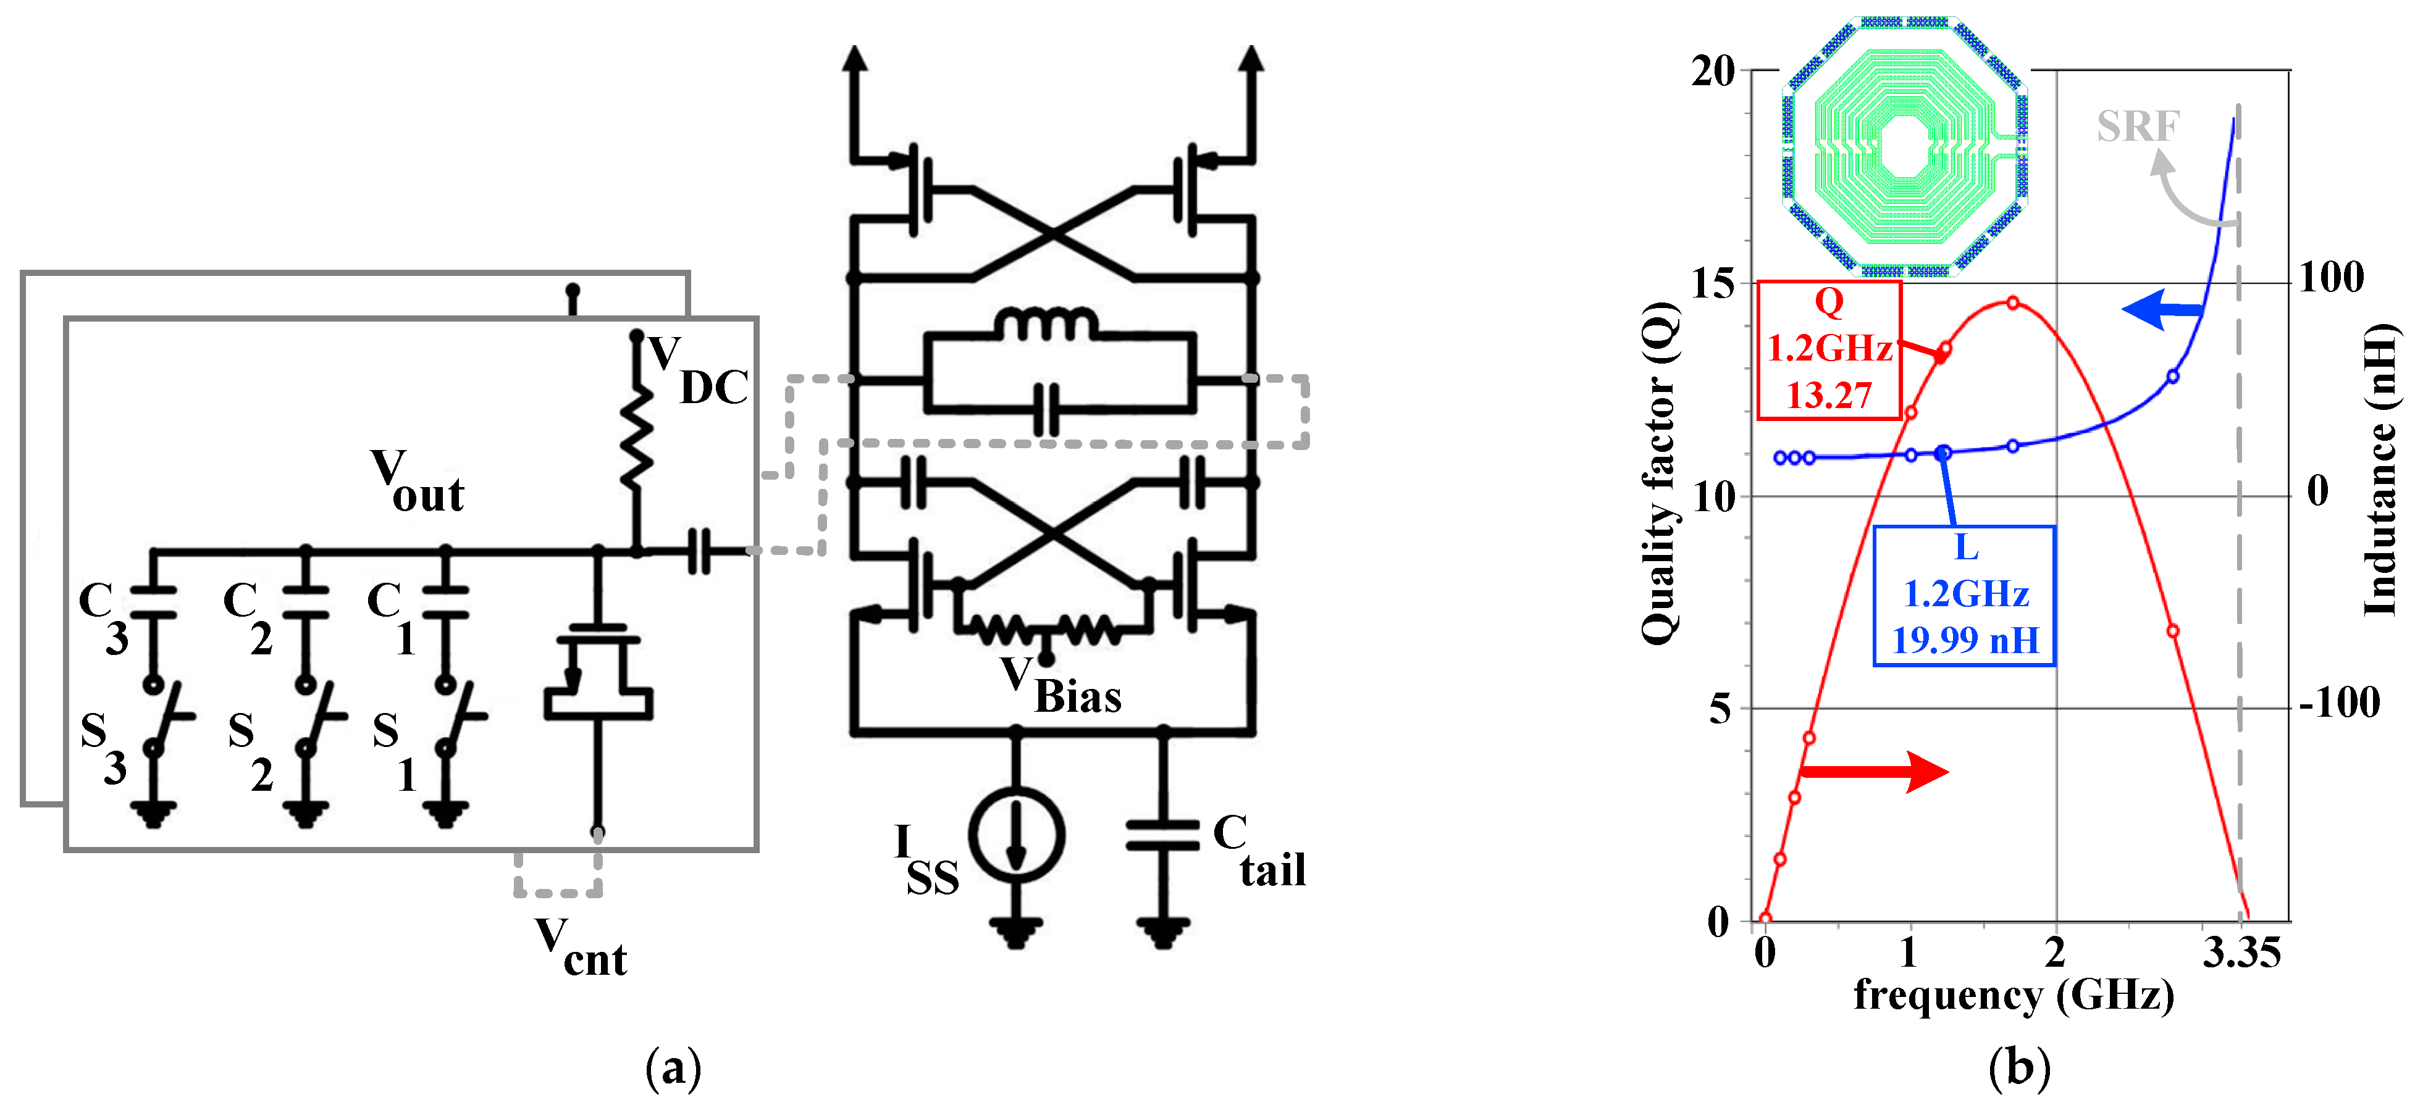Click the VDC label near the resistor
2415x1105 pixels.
(x=699, y=373)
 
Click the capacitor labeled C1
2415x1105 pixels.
(x=445, y=602)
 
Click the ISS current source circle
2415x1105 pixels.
(x=1015, y=834)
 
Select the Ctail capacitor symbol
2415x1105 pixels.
(x=1162, y=834)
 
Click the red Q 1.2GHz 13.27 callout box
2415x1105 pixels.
(x=1828, y=349)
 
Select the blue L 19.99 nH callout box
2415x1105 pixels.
(x=1964, y=595)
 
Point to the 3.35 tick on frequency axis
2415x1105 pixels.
(x=2241, y=953)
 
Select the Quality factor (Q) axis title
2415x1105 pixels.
(x=1660, y=473)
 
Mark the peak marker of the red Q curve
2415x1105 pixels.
(x=2013, y=302)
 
